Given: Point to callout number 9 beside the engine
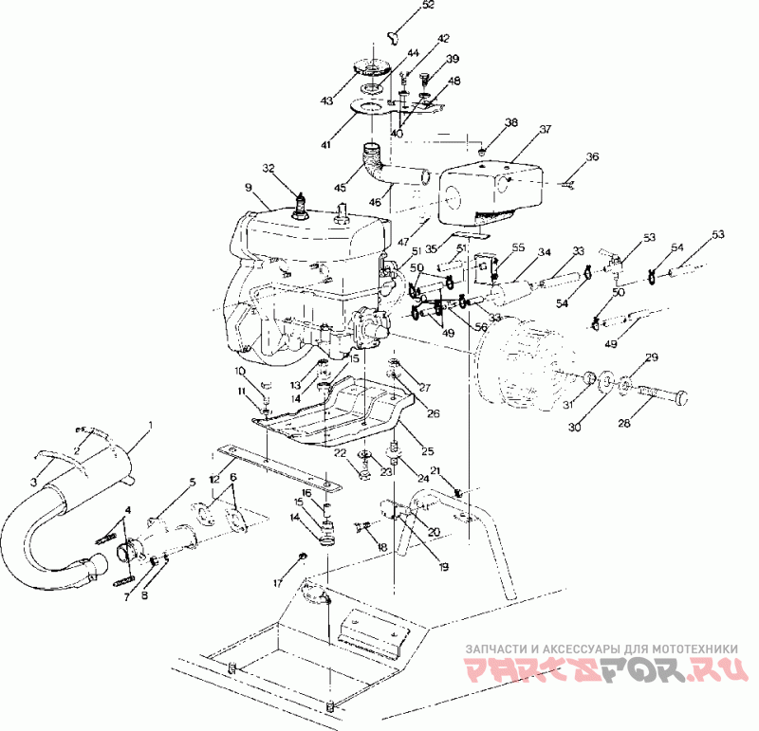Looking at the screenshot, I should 249,188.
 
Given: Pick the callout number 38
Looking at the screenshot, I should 511,123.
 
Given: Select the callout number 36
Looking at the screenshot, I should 593,156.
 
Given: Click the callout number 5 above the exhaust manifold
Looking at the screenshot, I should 192,483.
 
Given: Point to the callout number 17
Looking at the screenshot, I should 279,580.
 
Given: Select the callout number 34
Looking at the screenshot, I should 545,253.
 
